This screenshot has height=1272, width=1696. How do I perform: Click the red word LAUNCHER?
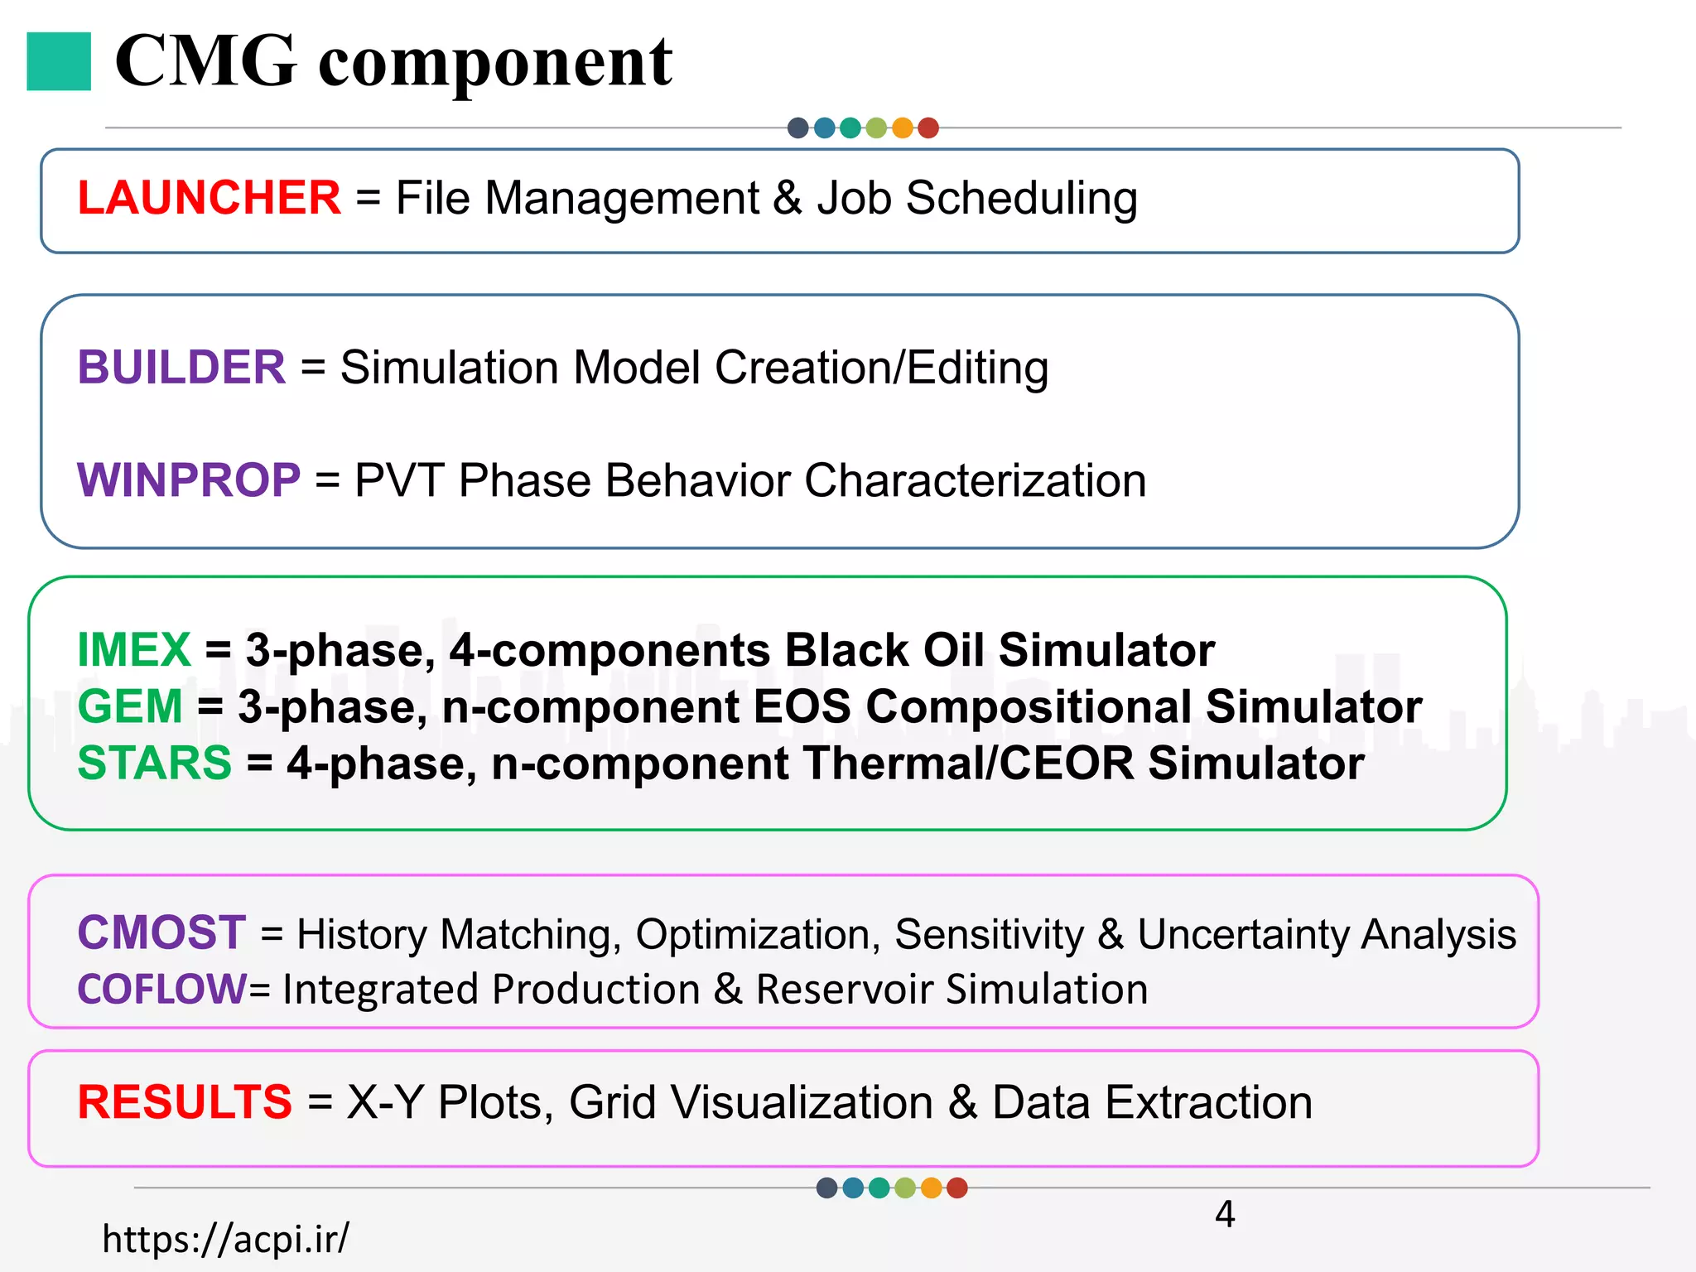(x=209, y=198)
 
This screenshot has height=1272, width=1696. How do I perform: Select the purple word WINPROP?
(x=189, y=480)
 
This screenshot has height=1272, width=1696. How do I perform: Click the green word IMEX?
(x=134, y=649)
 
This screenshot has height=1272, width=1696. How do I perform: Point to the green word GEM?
(x=130, y=706)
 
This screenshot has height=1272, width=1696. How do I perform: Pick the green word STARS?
(x=154, y=763)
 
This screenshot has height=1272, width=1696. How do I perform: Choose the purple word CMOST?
(x=161, y=932)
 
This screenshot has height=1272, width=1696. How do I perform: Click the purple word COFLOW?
(x=161, y=989)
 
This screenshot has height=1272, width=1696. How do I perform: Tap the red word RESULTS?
(x=185, y=1102)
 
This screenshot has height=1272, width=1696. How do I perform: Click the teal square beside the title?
(x=59, y=61)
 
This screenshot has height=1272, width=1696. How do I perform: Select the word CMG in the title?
(x=206, y=61)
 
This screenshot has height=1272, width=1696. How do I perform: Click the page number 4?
(x=1225, y=1214)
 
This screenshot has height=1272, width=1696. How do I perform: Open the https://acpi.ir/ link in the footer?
(x=225, y=1239)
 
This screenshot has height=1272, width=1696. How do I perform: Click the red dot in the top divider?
(x=928, y=128)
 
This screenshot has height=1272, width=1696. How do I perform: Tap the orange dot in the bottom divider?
(x=931, y=1188)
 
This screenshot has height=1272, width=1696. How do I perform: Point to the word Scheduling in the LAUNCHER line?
(x=1022, y=199)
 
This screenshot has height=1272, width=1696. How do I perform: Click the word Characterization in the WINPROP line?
(x=975, y=480)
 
